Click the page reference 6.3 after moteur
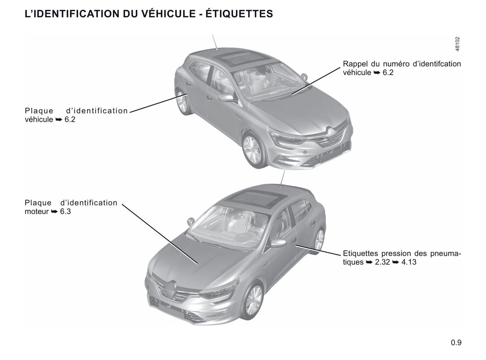tap(66, 212)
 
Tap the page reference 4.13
tap(409, 262)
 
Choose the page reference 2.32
tap(382, 262)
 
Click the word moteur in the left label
tap(37, 212)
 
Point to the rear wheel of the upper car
tap(182, 102)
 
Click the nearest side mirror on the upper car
tap(226, 98)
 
